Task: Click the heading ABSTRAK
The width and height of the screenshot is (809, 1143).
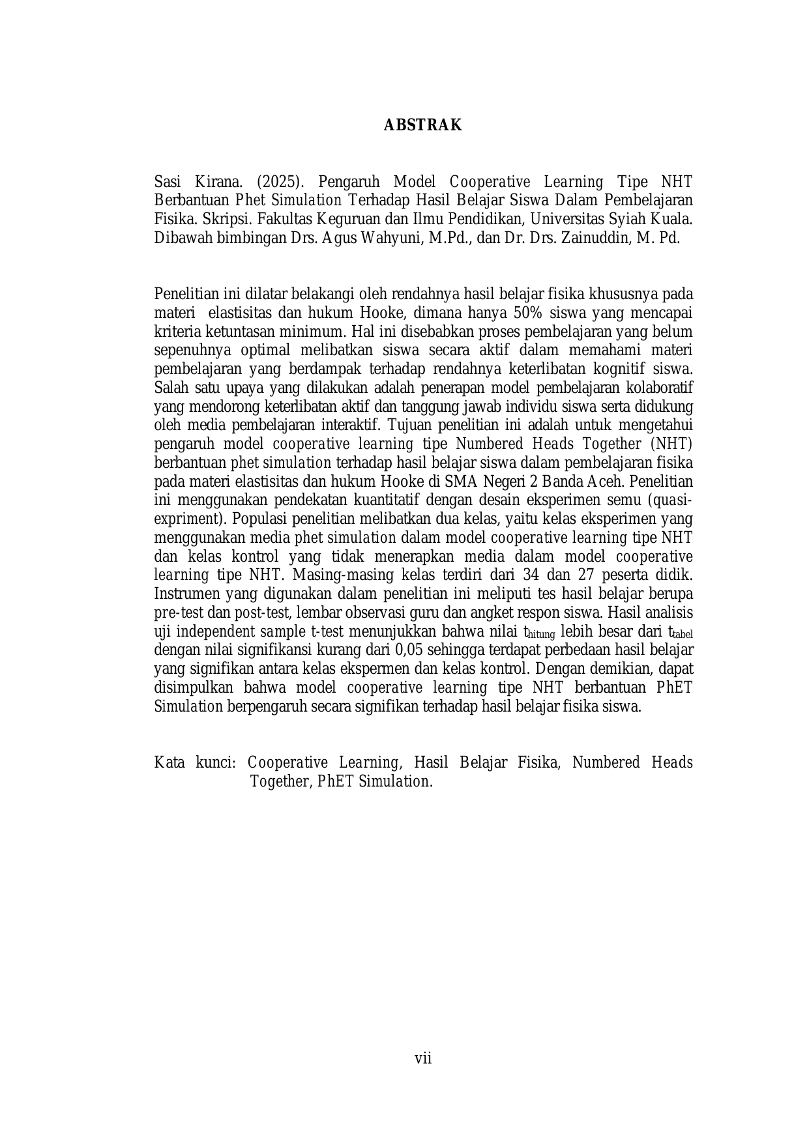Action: tap(422, 125)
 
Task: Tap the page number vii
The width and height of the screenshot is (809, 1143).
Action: tap(423, 1058)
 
